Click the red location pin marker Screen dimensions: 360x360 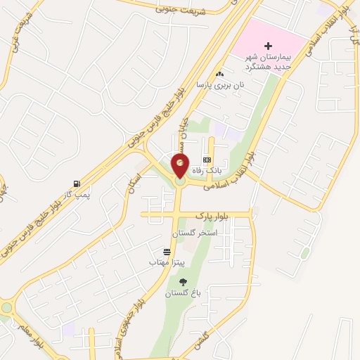[x=180, y=165]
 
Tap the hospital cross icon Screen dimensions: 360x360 [x=267, y=46]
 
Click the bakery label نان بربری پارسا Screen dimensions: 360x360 [x=219, y=84]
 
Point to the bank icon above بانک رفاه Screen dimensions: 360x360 [x=206, y=160]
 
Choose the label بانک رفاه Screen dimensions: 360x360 [x=207, y=170]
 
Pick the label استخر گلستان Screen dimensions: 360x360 [x=195, y=231]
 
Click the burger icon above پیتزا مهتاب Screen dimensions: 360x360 [x=167, y=252]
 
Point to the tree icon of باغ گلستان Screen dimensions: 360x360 [x=184, y=282]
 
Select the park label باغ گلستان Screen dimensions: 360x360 [x=179, y=293]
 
